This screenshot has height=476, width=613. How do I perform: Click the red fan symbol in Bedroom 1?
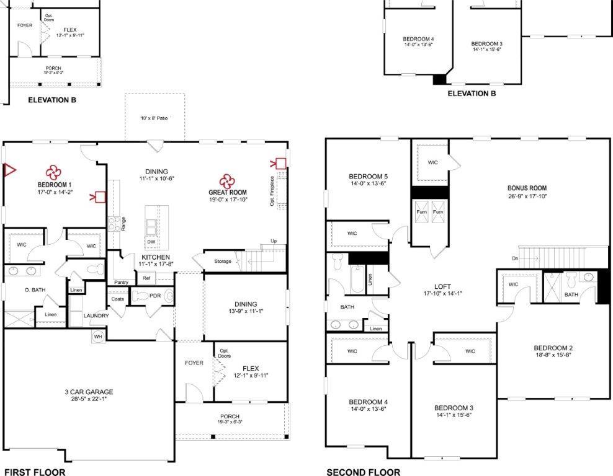(53, 171)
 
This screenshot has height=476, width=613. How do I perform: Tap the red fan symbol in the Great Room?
(226, 180)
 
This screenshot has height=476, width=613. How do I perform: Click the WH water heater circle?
(98, 336)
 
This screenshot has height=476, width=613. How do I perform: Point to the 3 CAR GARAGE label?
(89, 392)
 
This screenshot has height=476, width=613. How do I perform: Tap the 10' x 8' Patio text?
(154, 117)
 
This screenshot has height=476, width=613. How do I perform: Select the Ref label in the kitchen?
(146, 278)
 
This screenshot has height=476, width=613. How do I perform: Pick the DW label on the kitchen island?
(151, 242)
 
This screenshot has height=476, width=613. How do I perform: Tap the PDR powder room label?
(154, 296)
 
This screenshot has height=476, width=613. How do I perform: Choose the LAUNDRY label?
(96, 315)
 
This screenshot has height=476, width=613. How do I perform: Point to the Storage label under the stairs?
(223, 261)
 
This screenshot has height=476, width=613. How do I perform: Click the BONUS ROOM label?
(527, 188)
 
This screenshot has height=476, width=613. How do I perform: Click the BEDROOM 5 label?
(369, 176)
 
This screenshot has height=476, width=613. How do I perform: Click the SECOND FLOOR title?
(363, 472)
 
